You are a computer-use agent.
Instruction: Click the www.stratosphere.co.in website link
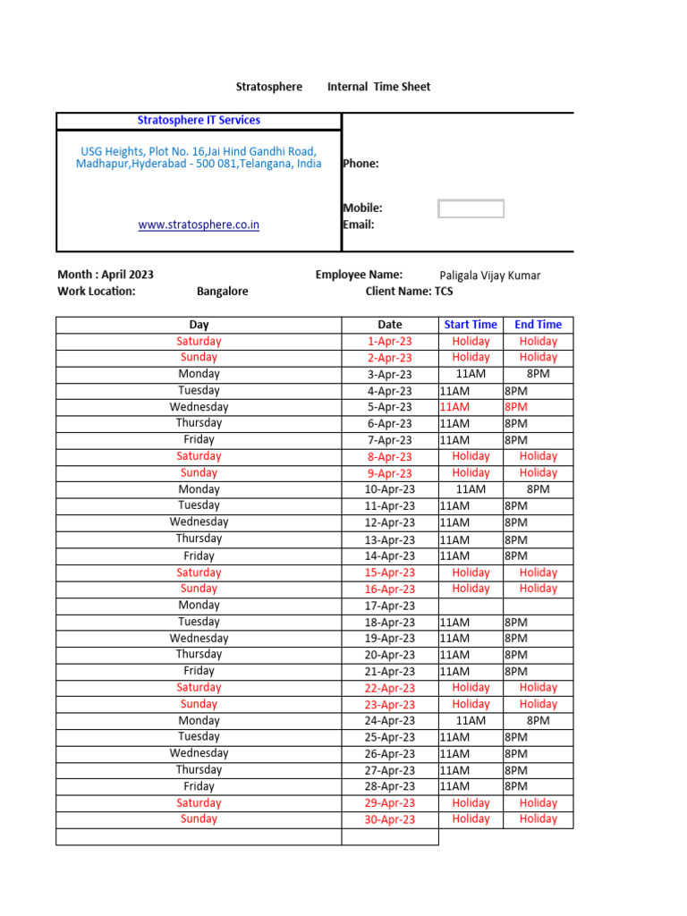199,225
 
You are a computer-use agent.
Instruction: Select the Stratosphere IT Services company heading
199,120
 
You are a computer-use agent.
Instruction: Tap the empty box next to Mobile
471,208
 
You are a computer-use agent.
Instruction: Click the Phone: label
360,164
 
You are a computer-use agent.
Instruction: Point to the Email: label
358,225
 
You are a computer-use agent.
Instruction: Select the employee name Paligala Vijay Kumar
490,276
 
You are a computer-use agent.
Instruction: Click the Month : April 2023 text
106,275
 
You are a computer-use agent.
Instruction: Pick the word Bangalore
223,292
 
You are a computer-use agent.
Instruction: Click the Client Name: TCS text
409,292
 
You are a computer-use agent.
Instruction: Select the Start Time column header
471,325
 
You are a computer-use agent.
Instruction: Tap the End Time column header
538,325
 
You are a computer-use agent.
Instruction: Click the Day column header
199,325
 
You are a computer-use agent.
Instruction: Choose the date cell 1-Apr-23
390,341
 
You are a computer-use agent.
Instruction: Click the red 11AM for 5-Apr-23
454,407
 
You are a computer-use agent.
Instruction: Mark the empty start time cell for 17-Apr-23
471,606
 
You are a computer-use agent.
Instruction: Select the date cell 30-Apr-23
390,819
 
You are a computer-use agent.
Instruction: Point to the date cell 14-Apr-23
390,556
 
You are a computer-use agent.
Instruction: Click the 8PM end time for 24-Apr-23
538,720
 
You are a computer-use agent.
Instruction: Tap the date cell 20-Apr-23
390,655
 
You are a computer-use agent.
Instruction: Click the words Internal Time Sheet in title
378,87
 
